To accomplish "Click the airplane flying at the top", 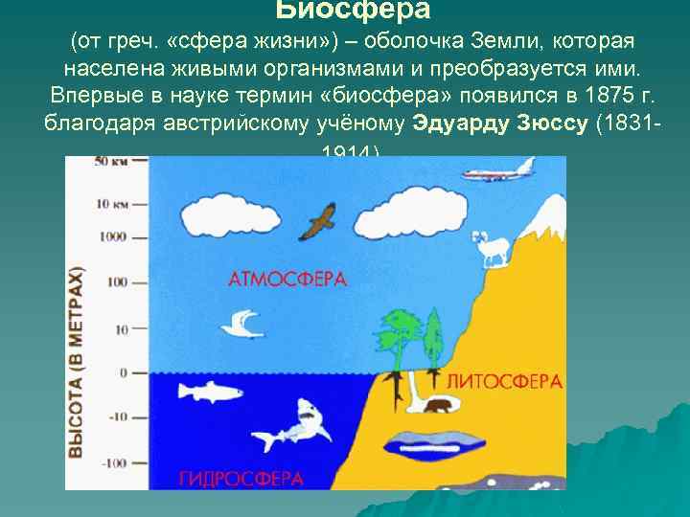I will tap(498, 175).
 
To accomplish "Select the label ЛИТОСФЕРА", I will tap(504, 381).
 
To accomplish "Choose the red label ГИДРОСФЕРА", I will tap(240, 477).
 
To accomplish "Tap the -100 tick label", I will tap(115, 463).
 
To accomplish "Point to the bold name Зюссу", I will tap(549, 124).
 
